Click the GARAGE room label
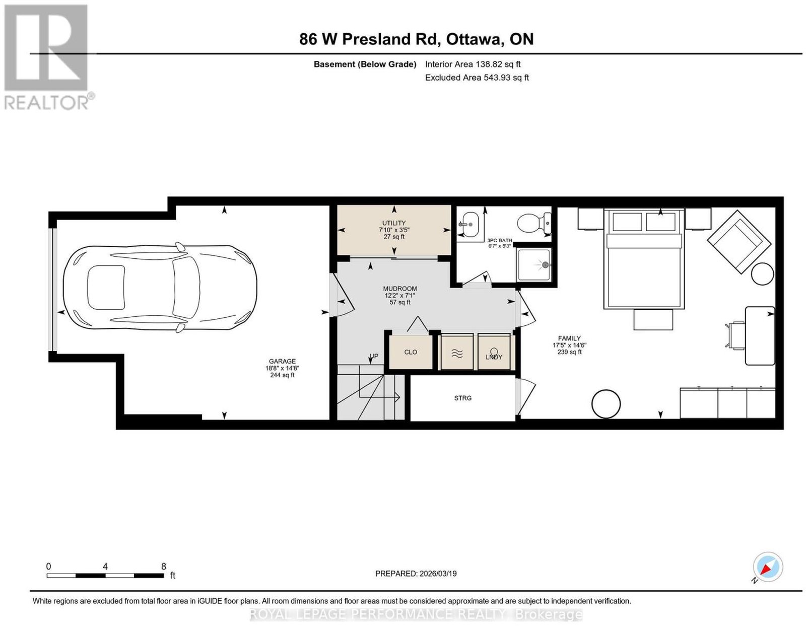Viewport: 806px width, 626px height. click(x=282, y=361)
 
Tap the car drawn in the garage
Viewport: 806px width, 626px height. click(x=160, y=289)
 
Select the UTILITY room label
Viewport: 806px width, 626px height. click(x=394, y=223)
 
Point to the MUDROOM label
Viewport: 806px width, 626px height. click(x=400, y=289)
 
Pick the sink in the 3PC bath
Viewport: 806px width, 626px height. click(x=469, y=224)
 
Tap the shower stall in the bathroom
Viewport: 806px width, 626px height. click(x=533, y=264)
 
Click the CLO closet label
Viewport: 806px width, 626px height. click(x=411, y=352)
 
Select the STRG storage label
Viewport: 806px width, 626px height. click(x=463, y=398)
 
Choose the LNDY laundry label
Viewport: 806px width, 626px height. click(x=494, y=357)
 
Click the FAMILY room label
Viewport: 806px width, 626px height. click(x=569, y=338)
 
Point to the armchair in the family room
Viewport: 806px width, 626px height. click(x=739, y=242)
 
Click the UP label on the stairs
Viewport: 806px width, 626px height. click(x=374, y=356)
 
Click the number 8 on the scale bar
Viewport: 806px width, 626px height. click(x=164, y=567)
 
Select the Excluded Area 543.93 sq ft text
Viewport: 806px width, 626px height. click(x=477, y=78)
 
